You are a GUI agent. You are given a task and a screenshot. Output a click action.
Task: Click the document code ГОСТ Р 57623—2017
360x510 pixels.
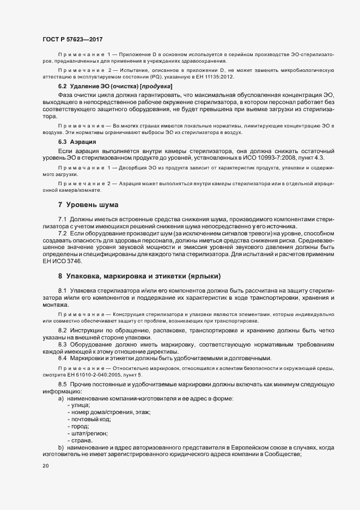coord(72,40)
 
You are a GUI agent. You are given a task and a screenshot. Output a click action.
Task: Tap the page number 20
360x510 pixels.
coord(45,466)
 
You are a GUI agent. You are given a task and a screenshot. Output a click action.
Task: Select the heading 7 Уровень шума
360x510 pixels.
coord(88,205)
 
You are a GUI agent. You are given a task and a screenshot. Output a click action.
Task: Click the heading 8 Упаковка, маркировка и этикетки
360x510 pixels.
coord(139,276)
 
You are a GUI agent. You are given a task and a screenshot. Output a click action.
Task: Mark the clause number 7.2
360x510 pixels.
coord(63,233)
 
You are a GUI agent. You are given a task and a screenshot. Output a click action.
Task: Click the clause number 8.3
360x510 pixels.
coord(63,344)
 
